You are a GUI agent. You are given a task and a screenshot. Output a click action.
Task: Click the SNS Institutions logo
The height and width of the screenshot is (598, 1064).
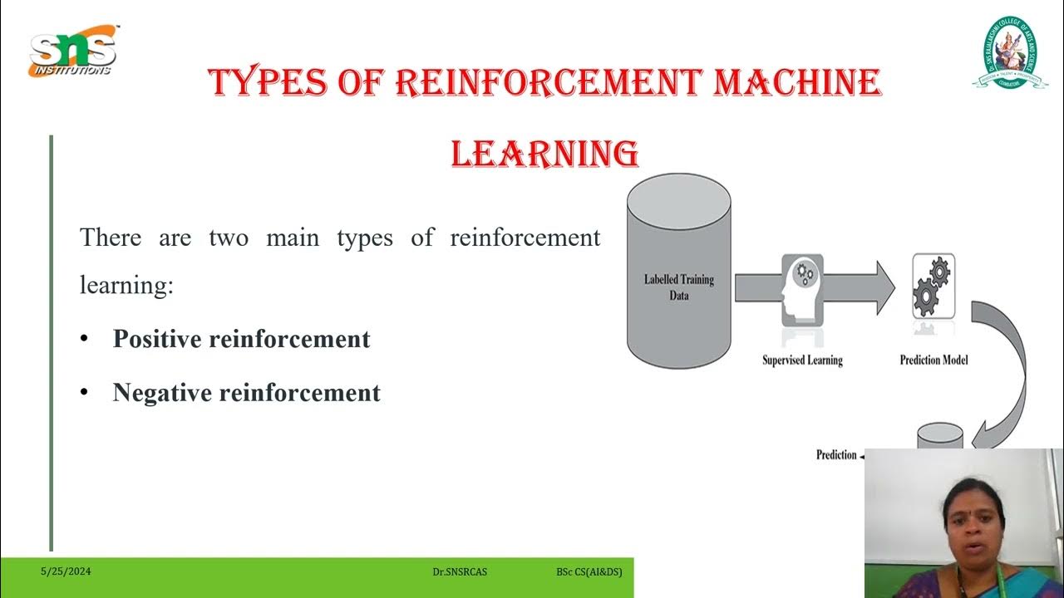pyautogui.click(x=73, y=51)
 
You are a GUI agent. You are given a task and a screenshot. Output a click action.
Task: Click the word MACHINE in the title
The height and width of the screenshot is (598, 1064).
pyautogui.click(x=796, y=83)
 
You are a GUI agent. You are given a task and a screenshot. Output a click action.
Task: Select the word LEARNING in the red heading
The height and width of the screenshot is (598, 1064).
pyautogui.click(x=544, y=154)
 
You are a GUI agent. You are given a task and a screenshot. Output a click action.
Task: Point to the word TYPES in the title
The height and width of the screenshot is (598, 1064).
pyautogui.click(x=264, y=83)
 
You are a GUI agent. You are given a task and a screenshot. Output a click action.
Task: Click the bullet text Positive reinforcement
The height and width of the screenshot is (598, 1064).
pyautogui.click(x=241, y=339)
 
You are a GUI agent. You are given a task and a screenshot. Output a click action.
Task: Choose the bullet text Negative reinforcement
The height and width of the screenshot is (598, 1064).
pyautogui.click(x=246, y=392)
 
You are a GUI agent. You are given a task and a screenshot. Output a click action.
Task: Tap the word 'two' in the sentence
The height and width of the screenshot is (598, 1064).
pyautogui.click(x=229, y=238)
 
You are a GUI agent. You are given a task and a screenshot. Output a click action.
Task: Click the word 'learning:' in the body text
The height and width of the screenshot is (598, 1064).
pyautogui.click(x=126, y=285)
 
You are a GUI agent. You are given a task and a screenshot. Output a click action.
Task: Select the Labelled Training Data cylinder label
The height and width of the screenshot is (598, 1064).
pyautogui.click(x=678, y=287)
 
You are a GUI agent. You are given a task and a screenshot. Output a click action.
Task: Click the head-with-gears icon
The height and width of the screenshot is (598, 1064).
pyautogui.click(x=802, y=288)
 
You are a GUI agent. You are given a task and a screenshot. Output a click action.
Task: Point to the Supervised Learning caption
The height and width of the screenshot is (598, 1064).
pyautogui.click(x=802, y=360)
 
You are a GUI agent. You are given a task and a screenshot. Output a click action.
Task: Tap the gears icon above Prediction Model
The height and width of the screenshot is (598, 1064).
pyautogui.click(x=933, y=287)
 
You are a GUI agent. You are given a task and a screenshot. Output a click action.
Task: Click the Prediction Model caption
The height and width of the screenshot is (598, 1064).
pyautogui.click(x=933, y=360)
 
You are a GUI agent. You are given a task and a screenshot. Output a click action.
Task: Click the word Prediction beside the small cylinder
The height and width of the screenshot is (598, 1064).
pyautogui.click(x=836, y=455)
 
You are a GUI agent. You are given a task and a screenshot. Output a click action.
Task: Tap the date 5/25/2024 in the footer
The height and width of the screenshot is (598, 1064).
pyautogui.click(x=66, y=571)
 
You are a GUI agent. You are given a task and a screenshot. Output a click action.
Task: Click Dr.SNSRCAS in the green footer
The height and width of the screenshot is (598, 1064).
pyautogui.click(x=460, y=572)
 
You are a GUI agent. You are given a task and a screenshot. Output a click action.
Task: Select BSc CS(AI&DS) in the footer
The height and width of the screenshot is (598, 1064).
pyautogui.click(x=589, y=572)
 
